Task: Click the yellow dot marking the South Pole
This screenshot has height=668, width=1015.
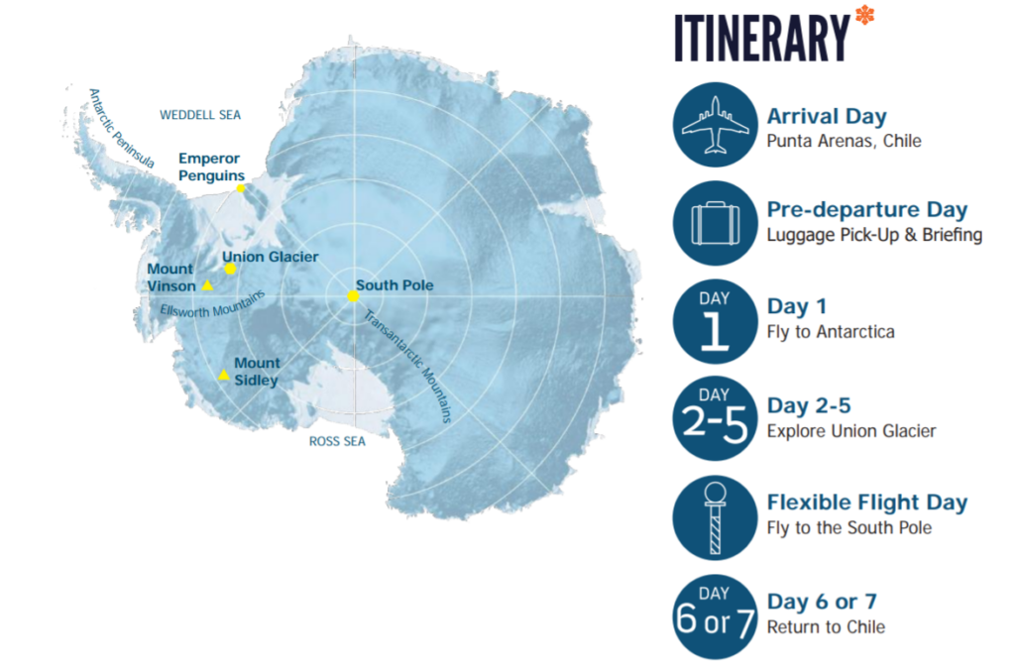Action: [x=353, y=295]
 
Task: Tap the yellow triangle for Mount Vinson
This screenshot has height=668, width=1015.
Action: [x=207, y=284]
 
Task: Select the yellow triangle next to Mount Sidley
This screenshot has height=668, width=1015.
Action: [x=223, y=374]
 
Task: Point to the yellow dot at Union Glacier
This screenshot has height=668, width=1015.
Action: [x=230, y=269]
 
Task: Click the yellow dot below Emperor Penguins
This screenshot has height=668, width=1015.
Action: [x=241, y=188]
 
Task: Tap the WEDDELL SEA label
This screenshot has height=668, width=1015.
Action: [x=200, y=115]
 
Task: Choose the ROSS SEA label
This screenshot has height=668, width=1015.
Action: [x=337, y=441]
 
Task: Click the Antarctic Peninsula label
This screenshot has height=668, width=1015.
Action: [x=120, y=128]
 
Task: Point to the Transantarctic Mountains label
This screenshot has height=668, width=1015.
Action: [x=407, y=367]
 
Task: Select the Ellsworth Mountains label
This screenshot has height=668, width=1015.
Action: [x=212, y=305]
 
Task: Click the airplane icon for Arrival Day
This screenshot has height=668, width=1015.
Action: [x=716, y=124]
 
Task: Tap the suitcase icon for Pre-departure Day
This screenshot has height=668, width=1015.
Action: [x=716, y=223]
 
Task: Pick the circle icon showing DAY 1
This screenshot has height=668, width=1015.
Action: [x=716, y=321]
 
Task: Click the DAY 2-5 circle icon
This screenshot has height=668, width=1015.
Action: [x=716, y=419]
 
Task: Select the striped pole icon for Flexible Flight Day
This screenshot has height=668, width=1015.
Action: [x=716, y=517]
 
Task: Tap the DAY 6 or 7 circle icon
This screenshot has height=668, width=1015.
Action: [x=716, y=616]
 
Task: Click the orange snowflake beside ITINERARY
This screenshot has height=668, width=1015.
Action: [x=864, y=14]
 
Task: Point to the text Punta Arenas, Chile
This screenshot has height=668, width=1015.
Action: [x=845, y=141]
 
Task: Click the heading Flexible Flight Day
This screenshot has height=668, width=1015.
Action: [x=867, y=502]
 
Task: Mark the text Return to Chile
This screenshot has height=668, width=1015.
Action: [x=826, y=626]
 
